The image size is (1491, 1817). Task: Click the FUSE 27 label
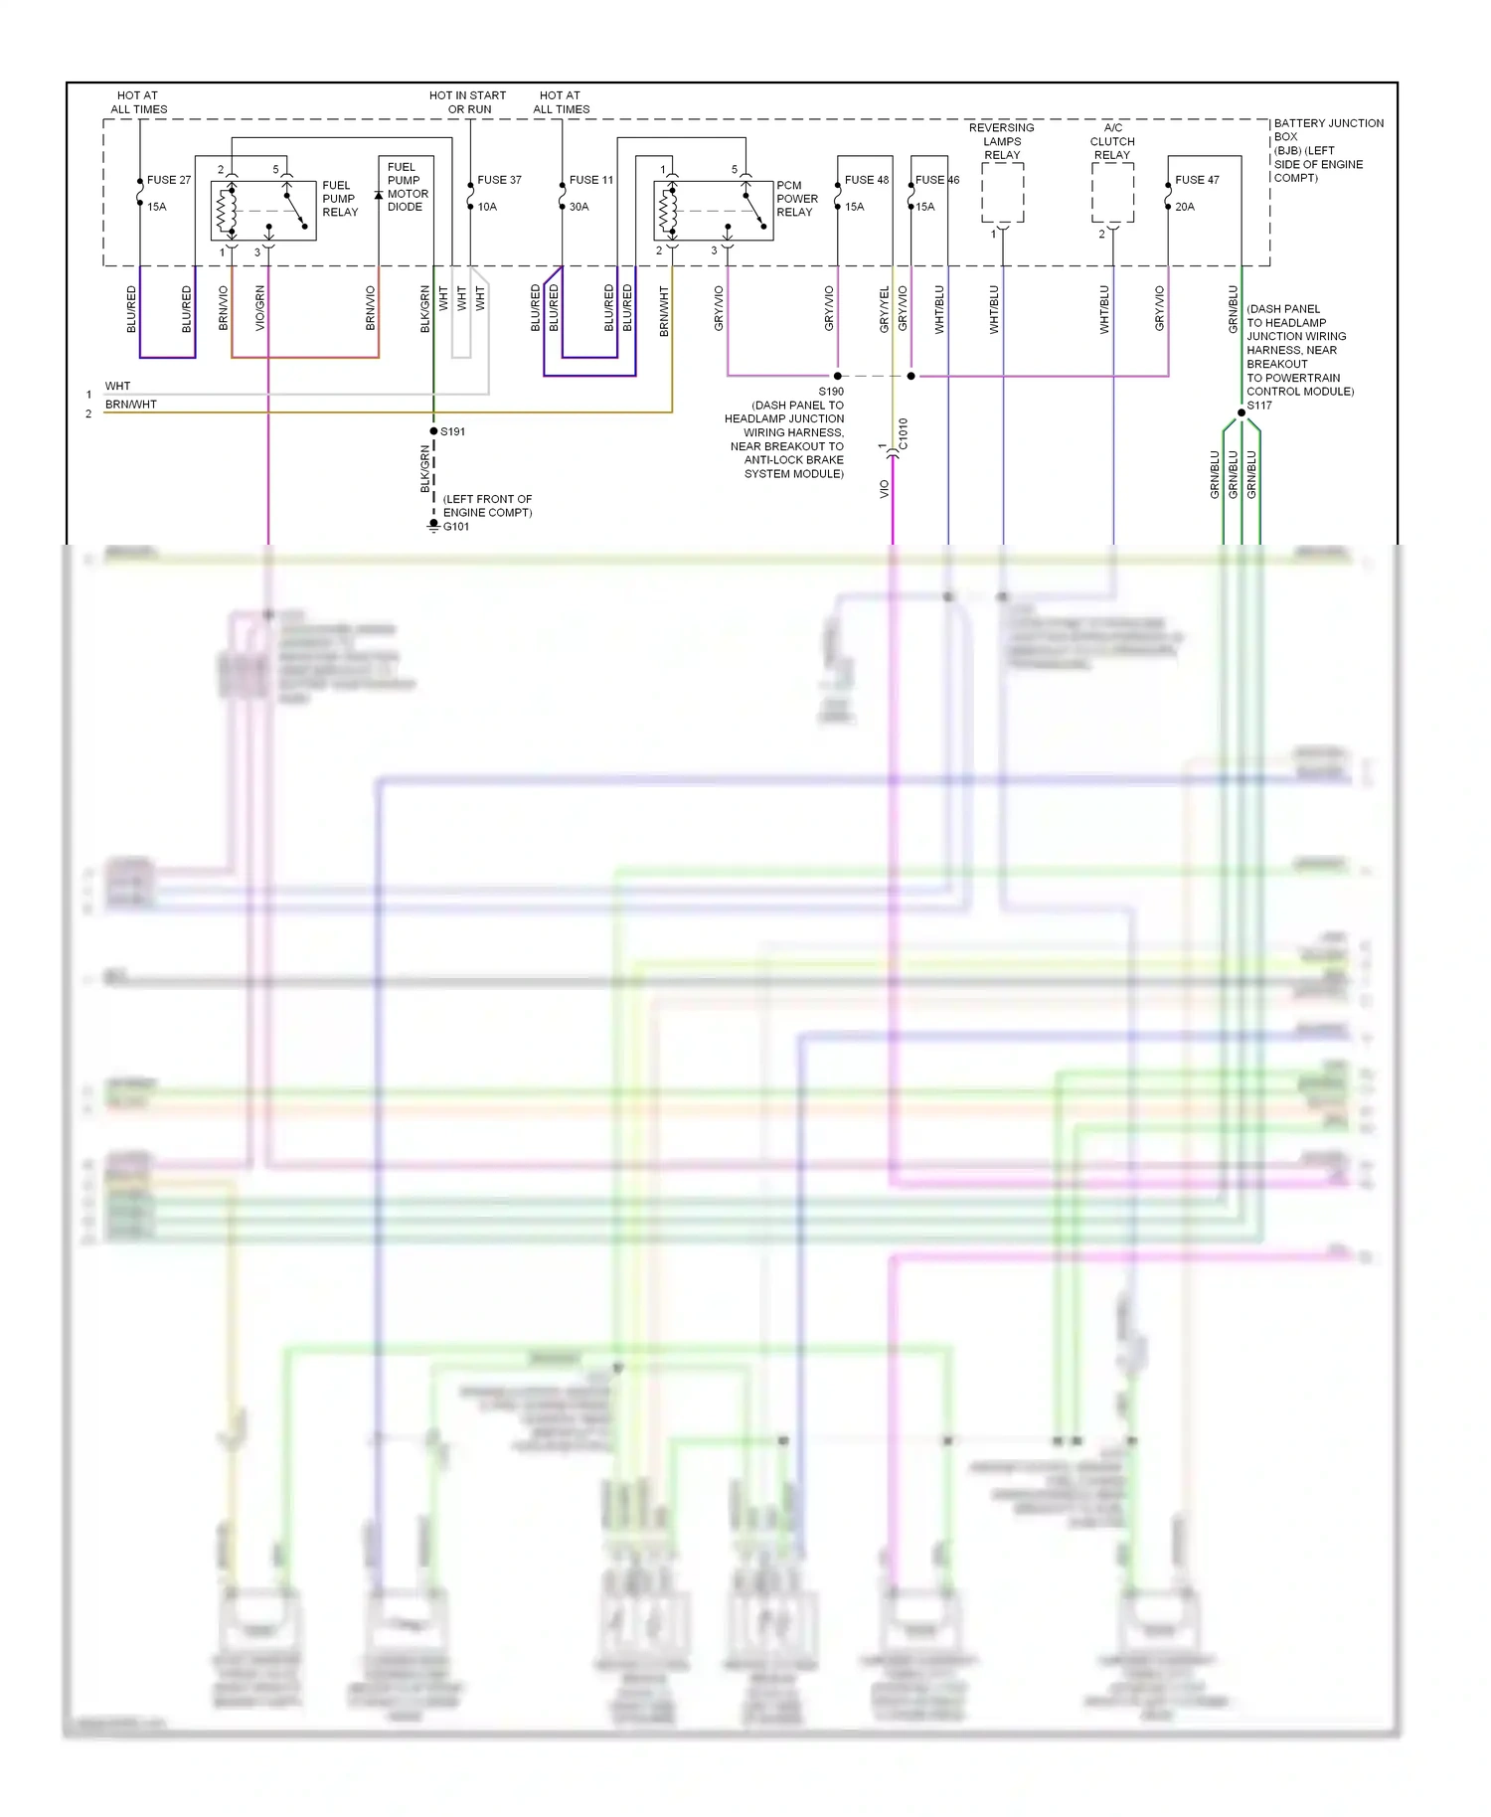click(x=168, y=180)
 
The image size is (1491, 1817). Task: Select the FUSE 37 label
click(x=499, y=180)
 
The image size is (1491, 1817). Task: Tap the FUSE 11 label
click(x=591, y=180)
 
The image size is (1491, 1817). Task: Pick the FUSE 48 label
click(x=867, y=180)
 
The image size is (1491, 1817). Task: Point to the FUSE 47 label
click(x=1197, y=180)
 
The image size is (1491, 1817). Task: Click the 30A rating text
click(x=580, y=207)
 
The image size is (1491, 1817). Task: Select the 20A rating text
click(x=1185, y=207)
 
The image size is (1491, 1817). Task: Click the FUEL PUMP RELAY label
click(x=339, y=199)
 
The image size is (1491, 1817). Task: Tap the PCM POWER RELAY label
click(x=796, y=199)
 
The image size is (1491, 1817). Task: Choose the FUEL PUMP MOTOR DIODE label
click(x=407, y=187)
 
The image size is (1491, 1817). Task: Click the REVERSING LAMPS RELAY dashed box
click(x=1002, y=193)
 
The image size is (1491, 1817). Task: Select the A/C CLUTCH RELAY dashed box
click(x=1112, y=193)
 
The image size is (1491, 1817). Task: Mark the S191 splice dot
click(x=433, y=431)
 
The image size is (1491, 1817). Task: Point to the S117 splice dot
click(x=1242, y=413)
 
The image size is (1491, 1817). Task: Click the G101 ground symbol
click(x=433, y=525)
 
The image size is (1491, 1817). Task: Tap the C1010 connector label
click(x=903, y=433)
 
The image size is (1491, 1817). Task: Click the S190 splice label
click(x=831, y=392)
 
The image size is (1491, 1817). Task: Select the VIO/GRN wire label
click(x=260, y=308)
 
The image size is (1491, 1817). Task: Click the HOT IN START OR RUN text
click(x=468, y=102)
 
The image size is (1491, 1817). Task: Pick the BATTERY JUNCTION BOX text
click(x=1328, y=129)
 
